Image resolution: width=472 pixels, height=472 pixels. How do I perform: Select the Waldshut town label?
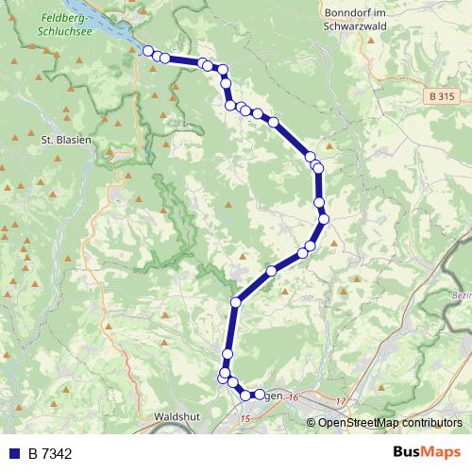point(173,414)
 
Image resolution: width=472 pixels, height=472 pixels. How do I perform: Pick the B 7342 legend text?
point(50,454)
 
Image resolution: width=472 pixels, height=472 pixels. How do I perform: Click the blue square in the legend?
point(14,454)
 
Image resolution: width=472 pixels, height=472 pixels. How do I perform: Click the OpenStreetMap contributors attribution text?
point(389,422)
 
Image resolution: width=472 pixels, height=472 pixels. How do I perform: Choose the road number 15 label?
point(246,418)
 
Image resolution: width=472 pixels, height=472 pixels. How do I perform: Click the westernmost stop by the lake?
point(148,51)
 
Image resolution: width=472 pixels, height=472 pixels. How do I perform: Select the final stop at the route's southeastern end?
point(260,394)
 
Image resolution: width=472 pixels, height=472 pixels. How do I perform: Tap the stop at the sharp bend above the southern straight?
point(236,302)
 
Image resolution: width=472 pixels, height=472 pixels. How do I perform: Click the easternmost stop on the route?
point(324,219)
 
